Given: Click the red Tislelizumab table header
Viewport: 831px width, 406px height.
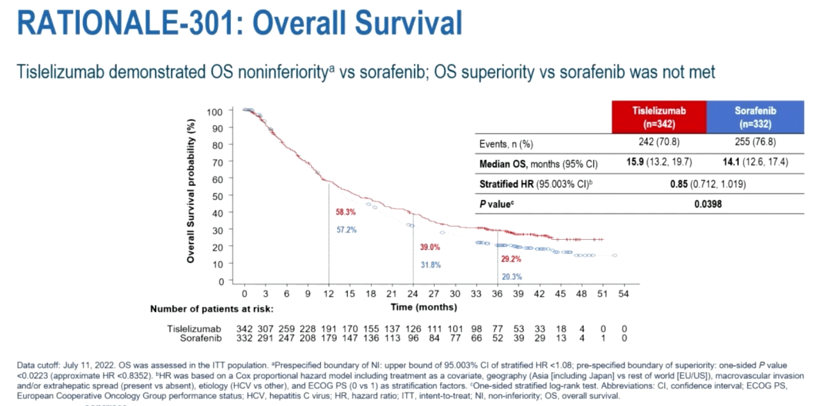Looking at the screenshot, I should (x=659, y=116).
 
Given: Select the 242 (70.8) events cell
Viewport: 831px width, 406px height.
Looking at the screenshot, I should (x=659, y=144).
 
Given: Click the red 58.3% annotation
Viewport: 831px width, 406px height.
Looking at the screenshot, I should (x=345, y=211).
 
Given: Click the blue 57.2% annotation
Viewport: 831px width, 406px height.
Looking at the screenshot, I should (x=345, y=229).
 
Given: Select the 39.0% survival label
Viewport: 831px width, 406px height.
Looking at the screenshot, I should (x=430, y=247).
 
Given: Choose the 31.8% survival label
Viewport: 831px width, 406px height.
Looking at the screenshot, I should (x=430, y=265).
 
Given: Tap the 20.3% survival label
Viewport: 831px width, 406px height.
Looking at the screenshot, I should (x=512, y=277).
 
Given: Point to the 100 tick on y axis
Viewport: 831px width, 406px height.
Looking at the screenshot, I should (x=215, y=111).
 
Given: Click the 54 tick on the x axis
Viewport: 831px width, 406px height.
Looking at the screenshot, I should (x=624, y=294).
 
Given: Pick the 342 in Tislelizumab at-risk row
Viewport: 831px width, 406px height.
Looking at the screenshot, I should (x=244, y=328).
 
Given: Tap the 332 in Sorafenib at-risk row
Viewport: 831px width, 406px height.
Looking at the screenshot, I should (x=244, y=338).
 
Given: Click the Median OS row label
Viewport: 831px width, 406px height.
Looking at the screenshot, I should (x=511, y=164).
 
